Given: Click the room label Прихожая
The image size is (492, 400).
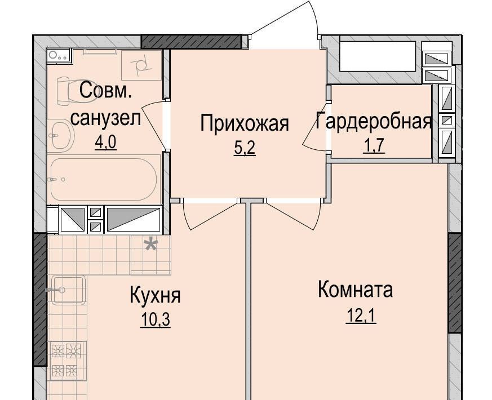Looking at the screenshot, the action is point(245,123).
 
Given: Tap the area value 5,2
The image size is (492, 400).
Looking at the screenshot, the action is point(245,148).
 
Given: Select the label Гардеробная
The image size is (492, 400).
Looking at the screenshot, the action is point(374,121).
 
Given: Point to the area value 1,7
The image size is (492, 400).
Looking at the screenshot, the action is point(374,145).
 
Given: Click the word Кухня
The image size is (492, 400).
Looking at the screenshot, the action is point(156,295).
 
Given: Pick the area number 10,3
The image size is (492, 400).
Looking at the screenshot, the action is point(156,319).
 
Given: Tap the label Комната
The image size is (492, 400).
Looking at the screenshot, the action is point(355,290).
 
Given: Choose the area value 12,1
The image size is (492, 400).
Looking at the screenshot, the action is point(361,315).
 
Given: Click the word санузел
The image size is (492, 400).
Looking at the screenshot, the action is point(105,118).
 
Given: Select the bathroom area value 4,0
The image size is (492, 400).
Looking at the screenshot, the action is point(106,142).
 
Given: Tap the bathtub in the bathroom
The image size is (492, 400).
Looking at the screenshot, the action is point(104,180).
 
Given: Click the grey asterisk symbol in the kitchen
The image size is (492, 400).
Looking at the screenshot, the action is point(151,245).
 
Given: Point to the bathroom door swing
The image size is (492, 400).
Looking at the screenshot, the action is point(154,126).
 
